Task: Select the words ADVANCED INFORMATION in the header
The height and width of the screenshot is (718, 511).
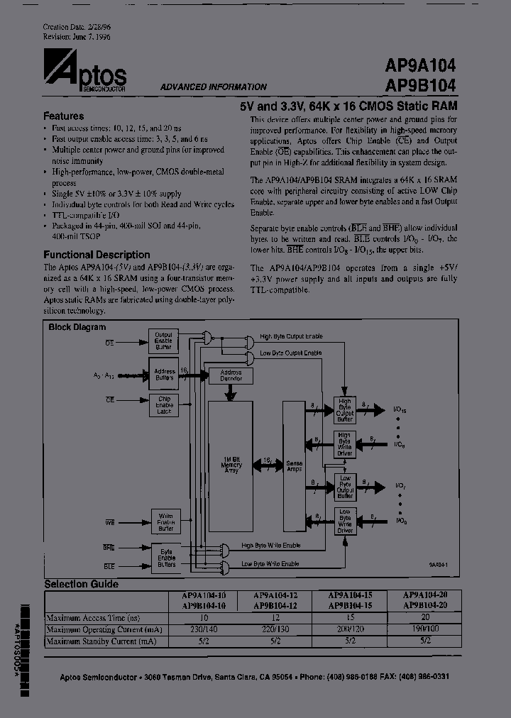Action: pyautogui.click(x=213, y=87)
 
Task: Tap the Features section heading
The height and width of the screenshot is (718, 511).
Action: pyautogui.click(x=64, y=116)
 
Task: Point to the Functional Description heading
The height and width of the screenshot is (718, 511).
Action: pyautogui.click(x=97, y=254)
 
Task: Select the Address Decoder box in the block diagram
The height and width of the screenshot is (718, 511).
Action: pyautogui.click(x=231, y=375)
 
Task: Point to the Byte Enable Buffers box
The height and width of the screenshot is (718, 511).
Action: pyautogui.click(x=165, y=557)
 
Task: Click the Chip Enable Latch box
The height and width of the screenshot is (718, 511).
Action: pyautogui.click(x=163, y=405)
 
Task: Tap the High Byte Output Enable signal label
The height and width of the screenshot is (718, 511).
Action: pyautogui.click(x=290, y=336)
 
